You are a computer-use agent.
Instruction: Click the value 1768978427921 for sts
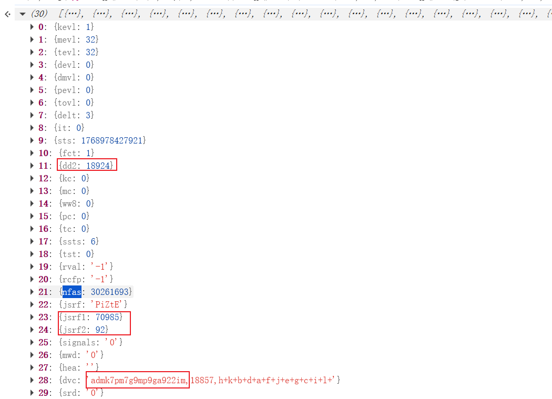pos(113,140)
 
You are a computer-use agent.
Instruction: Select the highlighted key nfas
pos(71,291)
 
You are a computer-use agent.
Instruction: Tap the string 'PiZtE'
pos(109,304)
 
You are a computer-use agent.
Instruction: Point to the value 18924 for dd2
pos(99,166)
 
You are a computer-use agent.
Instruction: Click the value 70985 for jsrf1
pos(108,317)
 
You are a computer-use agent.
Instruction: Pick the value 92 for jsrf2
pos(101,330)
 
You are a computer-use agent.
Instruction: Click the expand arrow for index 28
pos(33,380)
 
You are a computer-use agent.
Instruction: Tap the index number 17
pos(44,241)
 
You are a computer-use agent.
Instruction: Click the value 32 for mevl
pos(91,39)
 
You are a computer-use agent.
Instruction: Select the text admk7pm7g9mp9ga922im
pos(139,380)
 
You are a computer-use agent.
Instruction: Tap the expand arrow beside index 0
pos(33,27)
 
